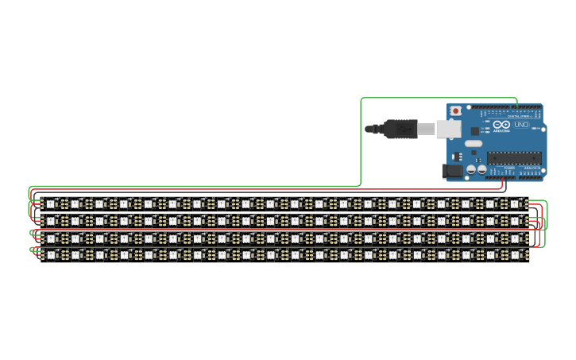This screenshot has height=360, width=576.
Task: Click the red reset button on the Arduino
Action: (456, 110)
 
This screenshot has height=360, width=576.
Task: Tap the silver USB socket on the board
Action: (449, 128)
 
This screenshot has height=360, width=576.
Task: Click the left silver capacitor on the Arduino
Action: (471, 168)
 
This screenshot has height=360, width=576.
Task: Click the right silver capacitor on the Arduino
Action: (482, 168)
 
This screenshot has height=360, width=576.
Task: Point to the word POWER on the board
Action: (509, 168)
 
